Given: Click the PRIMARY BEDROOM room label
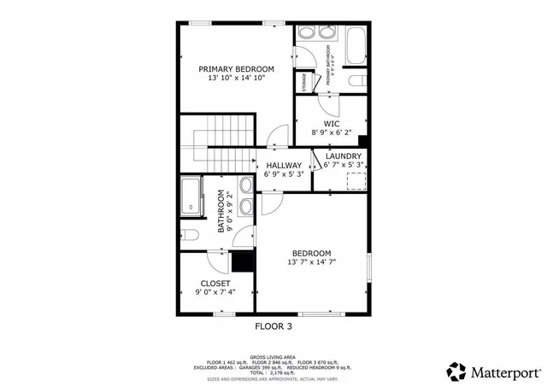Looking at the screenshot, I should click(236, 68).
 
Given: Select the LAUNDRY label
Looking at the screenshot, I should click(344, 156).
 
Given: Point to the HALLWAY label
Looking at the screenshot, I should click(283, 165).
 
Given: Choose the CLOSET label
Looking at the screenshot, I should click(215, 283).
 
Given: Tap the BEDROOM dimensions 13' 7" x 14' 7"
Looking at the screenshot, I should click(312, 261).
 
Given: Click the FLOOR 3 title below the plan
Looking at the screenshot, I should click(273, 325).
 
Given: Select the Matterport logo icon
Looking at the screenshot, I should click(456, 372).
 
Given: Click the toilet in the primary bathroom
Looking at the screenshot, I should click(357, 81).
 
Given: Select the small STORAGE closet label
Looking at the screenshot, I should click(304, 82).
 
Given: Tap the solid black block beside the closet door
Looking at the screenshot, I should click(244, 262).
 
